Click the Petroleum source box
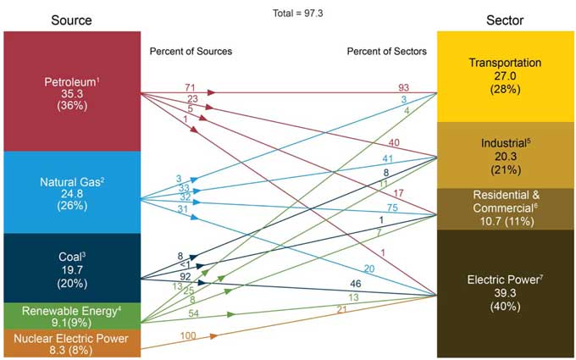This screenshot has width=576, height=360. (x=71, y=91)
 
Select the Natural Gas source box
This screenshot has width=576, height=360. (x=71, y=191)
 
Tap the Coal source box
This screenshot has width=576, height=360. (x=71, y=267)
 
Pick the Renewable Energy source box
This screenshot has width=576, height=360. (x=71, y=315)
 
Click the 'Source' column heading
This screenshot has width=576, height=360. (x=71, y=19)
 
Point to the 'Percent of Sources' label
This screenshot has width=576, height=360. (x=191, y=52)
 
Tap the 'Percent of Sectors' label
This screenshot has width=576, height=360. (x=387, y=52)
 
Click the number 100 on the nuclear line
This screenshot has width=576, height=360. (x=188, y=337)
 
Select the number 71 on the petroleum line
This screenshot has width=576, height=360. (x=191, y=87)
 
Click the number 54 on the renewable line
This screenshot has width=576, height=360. (x=193, y=313)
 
